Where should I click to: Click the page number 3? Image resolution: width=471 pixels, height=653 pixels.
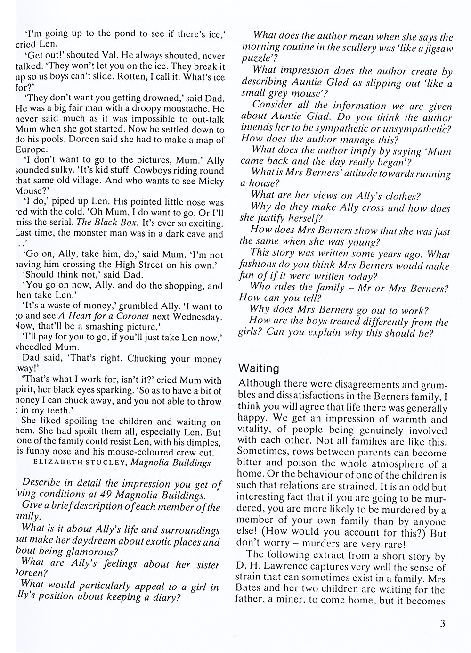(442, 624)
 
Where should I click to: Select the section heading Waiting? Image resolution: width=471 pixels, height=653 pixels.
(259, 368)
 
